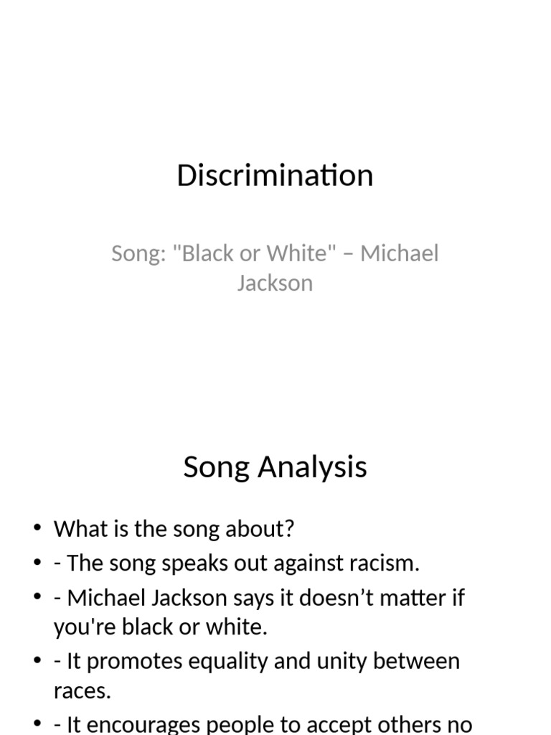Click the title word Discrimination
[x=275, y=176]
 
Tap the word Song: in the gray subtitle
[x=138, y=253]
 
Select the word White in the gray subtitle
[x=297, y=253]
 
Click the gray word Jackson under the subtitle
[x=275, y=283]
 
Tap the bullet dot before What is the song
[x=37, y=530]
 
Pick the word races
[x=82, y=691]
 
